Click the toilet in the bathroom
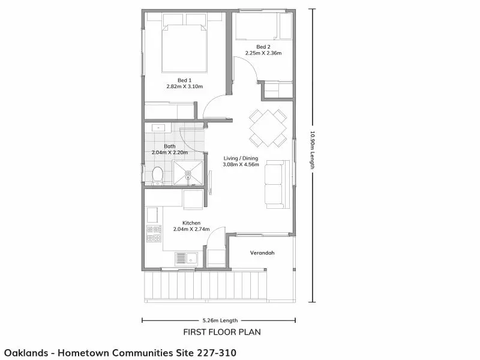(x=157, y=176)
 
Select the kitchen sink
(x=187, y=259)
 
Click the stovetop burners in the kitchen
(x=154, y=233)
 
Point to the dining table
(x=268, y=128)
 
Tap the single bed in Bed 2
(x=263, y=26)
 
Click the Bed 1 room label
(x=185, y=80)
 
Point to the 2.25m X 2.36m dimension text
(x=263, y=53)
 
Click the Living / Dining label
(x=241, y=158)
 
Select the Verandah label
(x=262, y=253)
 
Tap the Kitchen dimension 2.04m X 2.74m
(x=191, y=229)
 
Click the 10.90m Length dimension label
(x=312, y=150)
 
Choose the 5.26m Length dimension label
(x=220, y=320)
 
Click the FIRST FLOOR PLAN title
(x=222, y=332)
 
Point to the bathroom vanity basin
(x=158, y=128)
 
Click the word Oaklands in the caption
(x=26, y=353)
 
